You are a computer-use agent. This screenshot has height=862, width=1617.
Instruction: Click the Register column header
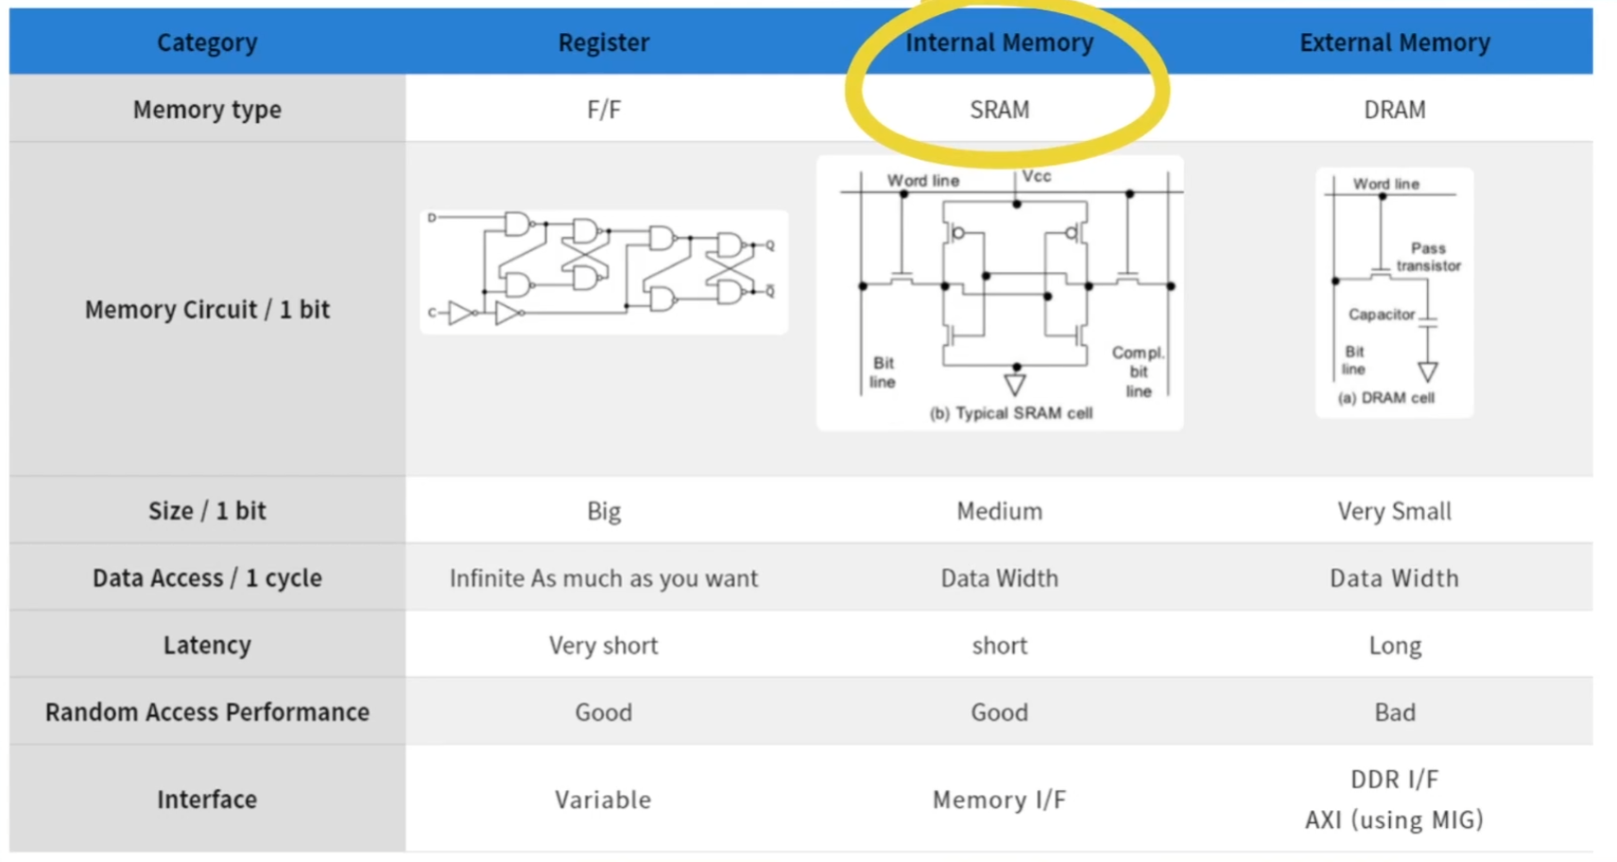click(603, 43)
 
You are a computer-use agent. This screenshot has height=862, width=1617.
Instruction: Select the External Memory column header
click(1394, 43)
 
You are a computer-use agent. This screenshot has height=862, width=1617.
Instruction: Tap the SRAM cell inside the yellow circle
click(999, 110)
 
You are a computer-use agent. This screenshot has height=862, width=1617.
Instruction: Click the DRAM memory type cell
click(1394, 110)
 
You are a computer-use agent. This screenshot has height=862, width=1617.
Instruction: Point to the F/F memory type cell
click(603, 110)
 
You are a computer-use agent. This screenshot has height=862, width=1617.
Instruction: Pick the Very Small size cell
click(1394, 511)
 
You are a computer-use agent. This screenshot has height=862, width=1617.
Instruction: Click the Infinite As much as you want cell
click(603, 578)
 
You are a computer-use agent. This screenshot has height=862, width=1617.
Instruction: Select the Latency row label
click(207, 646)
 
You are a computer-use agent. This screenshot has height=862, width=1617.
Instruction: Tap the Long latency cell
click(1394, 646)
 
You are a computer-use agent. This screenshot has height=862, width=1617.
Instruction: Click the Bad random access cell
click(1394, 713)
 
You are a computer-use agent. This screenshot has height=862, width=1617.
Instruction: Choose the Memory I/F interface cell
click(999, 801)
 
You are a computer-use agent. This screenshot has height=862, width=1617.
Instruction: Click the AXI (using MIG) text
click(1394, 819)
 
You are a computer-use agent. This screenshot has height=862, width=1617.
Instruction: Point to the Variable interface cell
click(603, 801)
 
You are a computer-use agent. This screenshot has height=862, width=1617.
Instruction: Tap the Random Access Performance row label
click(207, 713)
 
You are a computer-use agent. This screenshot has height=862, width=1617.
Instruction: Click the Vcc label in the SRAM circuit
click(1037, 177)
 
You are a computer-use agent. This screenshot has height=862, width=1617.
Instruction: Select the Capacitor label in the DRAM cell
click(1381, 315)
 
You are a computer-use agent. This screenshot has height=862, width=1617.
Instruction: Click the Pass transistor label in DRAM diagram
click(1428, 257)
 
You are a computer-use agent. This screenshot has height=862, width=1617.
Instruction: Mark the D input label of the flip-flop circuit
click(432, 217)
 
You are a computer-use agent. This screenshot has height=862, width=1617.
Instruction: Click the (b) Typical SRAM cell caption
click(1010, 413)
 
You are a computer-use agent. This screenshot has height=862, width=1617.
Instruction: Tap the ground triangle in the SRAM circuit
click(1015, 384)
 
